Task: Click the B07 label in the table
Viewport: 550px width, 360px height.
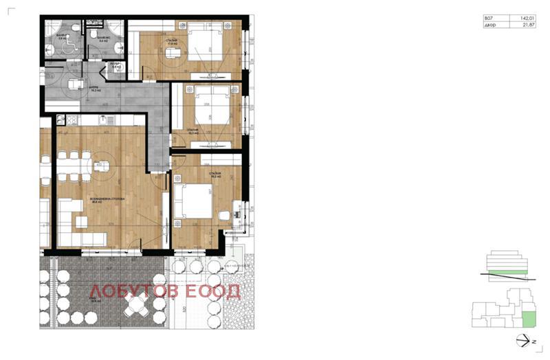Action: [489, 17]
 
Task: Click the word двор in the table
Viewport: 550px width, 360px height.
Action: [489, 25]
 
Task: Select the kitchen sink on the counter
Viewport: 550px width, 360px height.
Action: [91, 122]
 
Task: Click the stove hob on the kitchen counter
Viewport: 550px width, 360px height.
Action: [69, 122]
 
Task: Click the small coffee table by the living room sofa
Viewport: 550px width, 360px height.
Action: [80, 220]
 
